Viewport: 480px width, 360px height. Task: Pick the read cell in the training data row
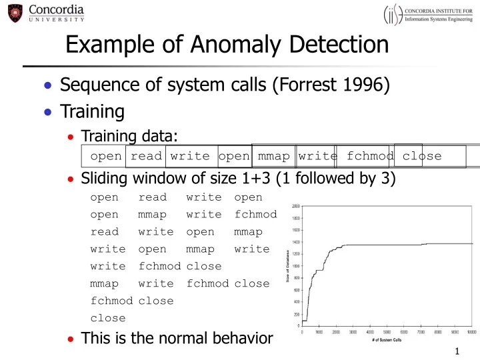pyautogui.click(x=145, y=156)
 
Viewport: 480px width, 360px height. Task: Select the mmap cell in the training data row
pyautogui.click(x=273, y=156)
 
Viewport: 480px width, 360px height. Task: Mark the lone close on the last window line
pyautogui.click(x=107, y=318)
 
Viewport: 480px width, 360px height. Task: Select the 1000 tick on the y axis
pyautogui.click(x=295, y=266)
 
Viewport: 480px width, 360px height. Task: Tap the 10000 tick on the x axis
pyautogui.click(x=471, y=331)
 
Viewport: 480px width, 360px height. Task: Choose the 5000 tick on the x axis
pyautogui.click(x=387, y=331)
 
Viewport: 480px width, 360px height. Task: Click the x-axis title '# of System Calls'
pyautogui.click(x=387, y=340)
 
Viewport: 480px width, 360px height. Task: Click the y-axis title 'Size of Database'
pyautogui.click(x=287, y=265)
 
